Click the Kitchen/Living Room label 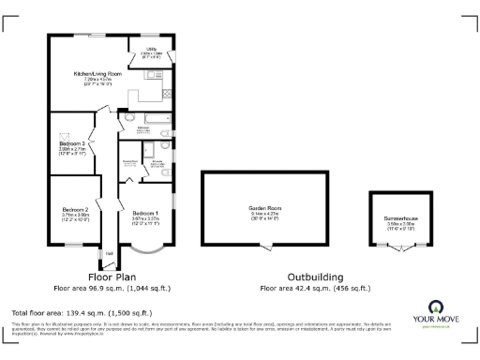98,73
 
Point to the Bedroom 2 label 75,209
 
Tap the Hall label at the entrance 109,253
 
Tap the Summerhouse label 400,217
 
